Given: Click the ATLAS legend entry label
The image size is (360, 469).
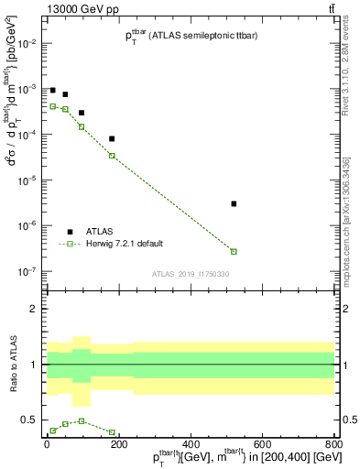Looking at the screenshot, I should [x=100, y=232].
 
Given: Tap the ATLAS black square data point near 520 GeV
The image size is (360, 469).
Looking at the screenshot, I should [x=234, y=203].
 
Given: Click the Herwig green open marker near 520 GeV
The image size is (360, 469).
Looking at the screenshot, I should [x=234, y=251].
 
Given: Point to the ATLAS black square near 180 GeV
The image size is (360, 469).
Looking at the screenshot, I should [x=112, y=139].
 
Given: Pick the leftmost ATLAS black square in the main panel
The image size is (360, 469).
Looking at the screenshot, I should [x=53, y=91].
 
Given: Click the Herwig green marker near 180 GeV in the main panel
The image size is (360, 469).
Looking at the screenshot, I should [x=112, y=156].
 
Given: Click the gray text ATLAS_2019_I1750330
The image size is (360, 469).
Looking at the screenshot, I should [x=190, y=274].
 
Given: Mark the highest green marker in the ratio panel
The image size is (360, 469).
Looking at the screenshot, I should [x=82, y=420].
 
